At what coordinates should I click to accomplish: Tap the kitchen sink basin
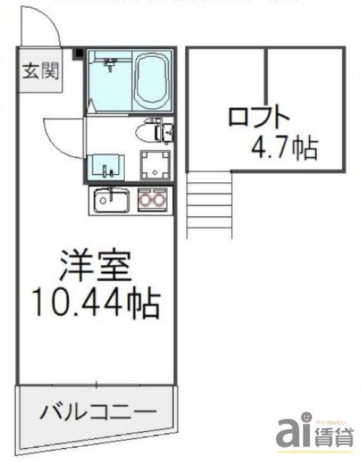pos(111,200)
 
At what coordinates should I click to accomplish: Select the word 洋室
pos(96,267)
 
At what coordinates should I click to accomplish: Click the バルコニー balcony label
pos(99,411)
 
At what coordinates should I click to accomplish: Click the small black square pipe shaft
pos(77,53)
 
